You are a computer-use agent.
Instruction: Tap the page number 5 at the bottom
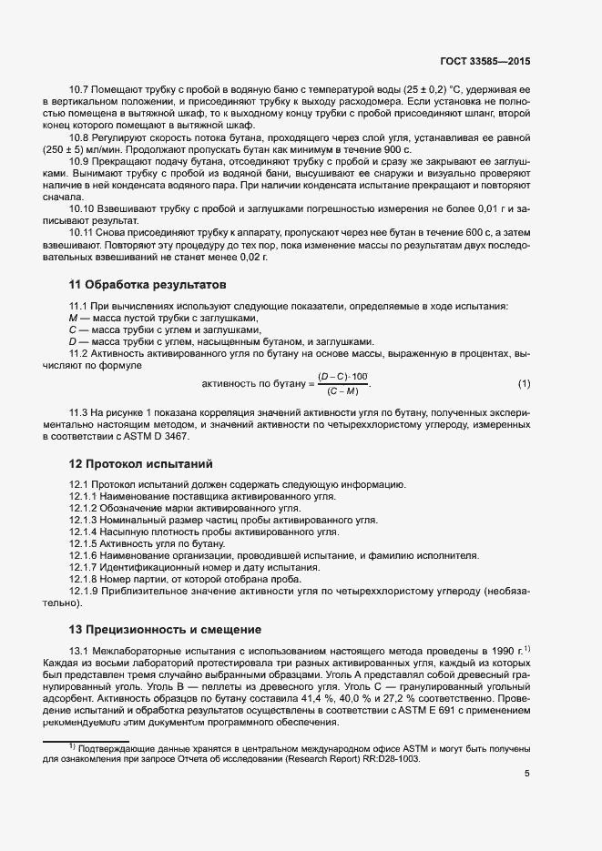tap(527, 775)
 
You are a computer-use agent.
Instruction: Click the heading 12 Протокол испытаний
tap(139, 463)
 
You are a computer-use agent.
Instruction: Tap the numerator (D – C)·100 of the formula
tap(342, 376)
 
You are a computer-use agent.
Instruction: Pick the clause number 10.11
tap(83, 232)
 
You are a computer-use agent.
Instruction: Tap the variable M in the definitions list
tap(73, 318)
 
